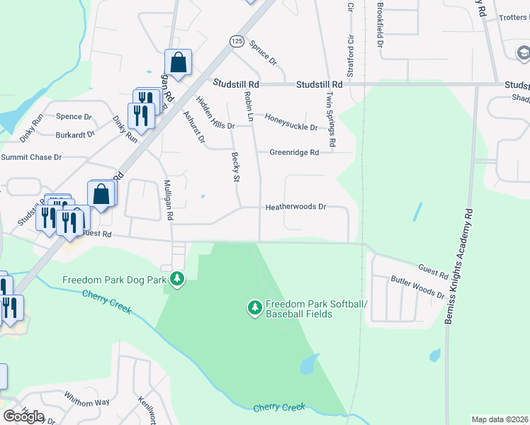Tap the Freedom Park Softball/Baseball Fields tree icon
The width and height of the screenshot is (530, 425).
[254, 307]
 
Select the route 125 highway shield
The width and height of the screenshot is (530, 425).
[237, 42]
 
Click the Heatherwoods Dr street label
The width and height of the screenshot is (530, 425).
[295, 208]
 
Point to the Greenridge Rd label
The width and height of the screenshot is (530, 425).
[293, 152]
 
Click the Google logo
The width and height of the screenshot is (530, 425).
[23, 416]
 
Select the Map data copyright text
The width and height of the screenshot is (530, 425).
[500, 419]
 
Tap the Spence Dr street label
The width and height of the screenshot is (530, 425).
[74, 117]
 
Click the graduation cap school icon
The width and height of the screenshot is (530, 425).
[523, 53]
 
